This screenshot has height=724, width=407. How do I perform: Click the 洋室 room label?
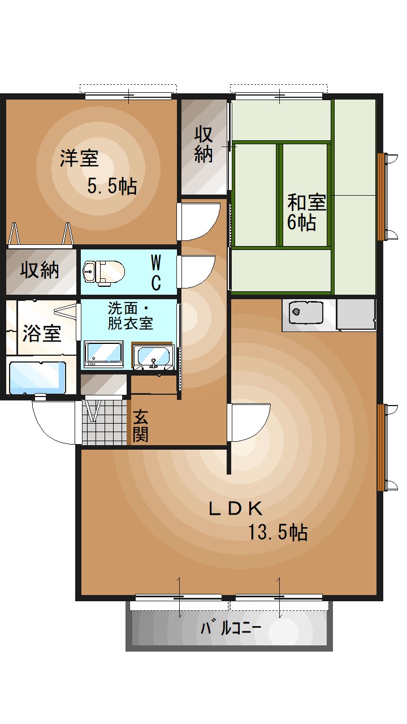[80, 158]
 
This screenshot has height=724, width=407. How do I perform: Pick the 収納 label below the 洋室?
[40, 270]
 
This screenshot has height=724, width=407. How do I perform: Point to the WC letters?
[157, 271]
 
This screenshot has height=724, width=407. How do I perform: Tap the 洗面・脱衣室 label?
[131, 316]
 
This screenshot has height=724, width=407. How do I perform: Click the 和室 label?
[306, 202]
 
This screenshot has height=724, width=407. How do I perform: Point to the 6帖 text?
[301, 222]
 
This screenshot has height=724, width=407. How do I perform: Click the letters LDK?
[236, 508]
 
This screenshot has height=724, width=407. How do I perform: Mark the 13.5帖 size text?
[278, 532]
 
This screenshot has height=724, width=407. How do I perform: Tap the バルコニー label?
[231, 628]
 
